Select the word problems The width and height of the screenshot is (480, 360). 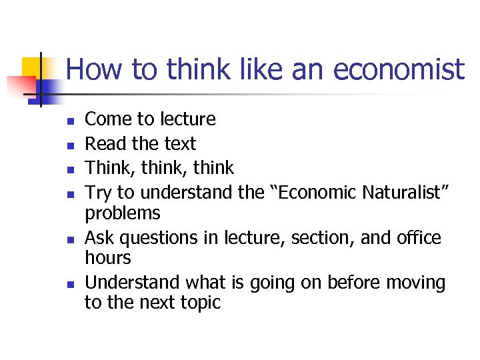(x=123, y=213)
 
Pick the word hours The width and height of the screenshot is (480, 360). (x=108, y=258)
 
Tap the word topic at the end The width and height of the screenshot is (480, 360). (x=199, y=303)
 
